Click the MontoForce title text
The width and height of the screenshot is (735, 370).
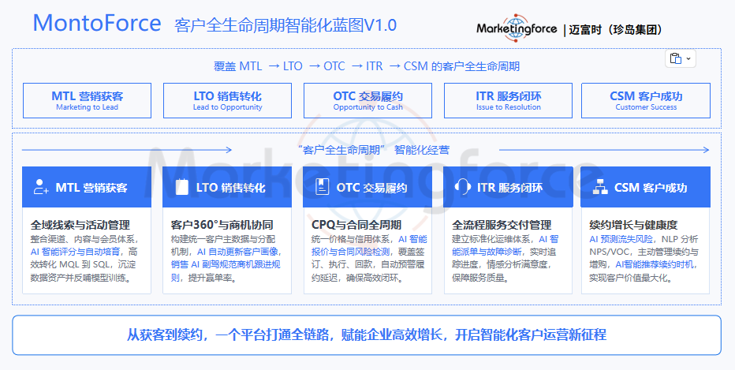point(97,23)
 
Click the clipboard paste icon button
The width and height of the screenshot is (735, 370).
point(680,58)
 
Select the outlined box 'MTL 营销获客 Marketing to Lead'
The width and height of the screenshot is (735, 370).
point(88,100)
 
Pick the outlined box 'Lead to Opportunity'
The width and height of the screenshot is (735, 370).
point(227,100)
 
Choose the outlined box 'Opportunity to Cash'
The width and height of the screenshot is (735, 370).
point(368,100)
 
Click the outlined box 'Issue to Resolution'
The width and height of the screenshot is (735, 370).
point(508,100)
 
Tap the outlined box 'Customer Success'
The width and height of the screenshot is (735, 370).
point(646,100)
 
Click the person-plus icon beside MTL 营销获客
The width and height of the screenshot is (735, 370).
point(41,187)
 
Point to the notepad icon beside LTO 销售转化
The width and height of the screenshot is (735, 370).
point(181,187)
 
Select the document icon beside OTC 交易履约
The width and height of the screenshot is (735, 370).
point(322,187)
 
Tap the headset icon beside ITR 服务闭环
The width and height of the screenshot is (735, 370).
point(462,187)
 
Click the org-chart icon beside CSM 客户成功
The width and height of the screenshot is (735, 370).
point(600,187)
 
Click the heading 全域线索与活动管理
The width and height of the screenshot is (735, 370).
point(80,225)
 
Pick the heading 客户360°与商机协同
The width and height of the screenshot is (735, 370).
point(222,225)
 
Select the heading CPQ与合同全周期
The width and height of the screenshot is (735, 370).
point(356,225)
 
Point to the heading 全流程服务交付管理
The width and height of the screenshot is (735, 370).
point(502,225)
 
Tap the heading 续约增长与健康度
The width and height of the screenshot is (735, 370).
point(633,225)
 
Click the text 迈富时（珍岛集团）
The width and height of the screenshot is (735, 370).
point(617,29)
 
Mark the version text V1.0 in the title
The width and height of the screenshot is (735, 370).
point(380,25)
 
